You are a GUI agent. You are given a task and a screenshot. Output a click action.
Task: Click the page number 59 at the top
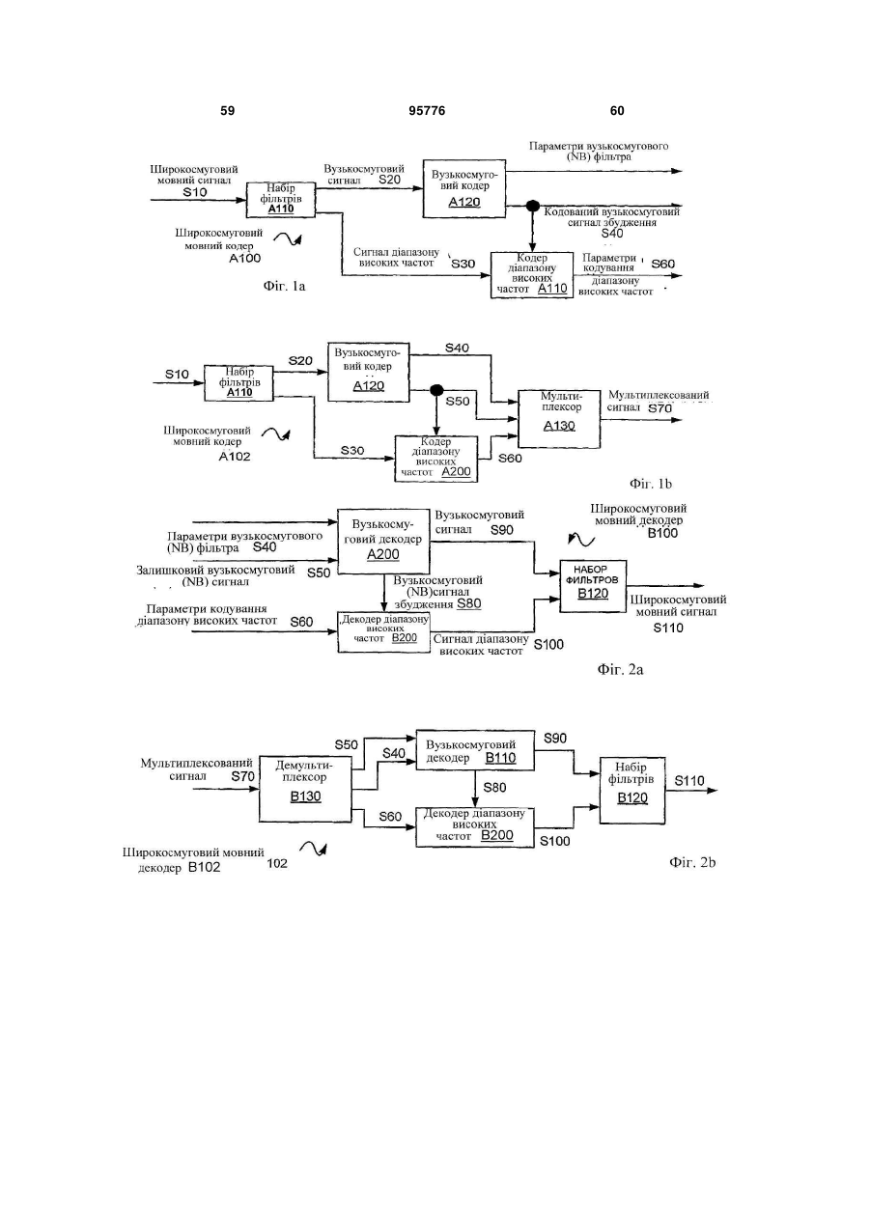pos(227,111)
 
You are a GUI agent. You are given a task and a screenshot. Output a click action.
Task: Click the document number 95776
pos(427,111)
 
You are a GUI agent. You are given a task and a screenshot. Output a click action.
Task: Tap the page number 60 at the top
pos(617,111)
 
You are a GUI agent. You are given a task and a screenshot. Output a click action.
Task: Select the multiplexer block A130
pos(559,419)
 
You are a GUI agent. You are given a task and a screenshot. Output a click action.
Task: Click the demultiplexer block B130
pos(305,789)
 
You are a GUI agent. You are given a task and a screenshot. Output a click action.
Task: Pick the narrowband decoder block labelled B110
pos(475,750)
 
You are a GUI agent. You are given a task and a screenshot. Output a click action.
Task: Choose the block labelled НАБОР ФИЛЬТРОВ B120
pos(593,586)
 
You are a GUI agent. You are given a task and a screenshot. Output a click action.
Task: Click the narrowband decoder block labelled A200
pos(383,541)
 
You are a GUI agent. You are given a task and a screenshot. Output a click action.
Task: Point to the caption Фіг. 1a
pos(284,286)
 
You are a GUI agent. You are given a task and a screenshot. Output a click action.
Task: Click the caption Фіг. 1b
pos(651,484)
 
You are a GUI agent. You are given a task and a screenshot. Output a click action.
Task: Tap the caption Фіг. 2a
pos(620,669)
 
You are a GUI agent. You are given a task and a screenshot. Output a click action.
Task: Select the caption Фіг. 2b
pos(692,862)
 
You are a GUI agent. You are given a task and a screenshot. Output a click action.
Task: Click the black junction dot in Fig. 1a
pos(532,206)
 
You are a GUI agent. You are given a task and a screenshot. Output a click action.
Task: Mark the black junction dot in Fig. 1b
pos(436,390)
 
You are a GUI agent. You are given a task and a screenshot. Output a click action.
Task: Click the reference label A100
pos(245,258)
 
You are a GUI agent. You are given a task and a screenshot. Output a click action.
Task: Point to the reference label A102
pos(235,456)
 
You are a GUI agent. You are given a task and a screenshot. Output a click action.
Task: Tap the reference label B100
pos(662,533)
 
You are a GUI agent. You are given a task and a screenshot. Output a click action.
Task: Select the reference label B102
pos(204,867)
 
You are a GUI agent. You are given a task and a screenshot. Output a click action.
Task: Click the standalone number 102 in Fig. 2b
pos(277,864)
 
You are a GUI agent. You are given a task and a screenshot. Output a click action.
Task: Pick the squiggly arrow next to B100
pos(581,540)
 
